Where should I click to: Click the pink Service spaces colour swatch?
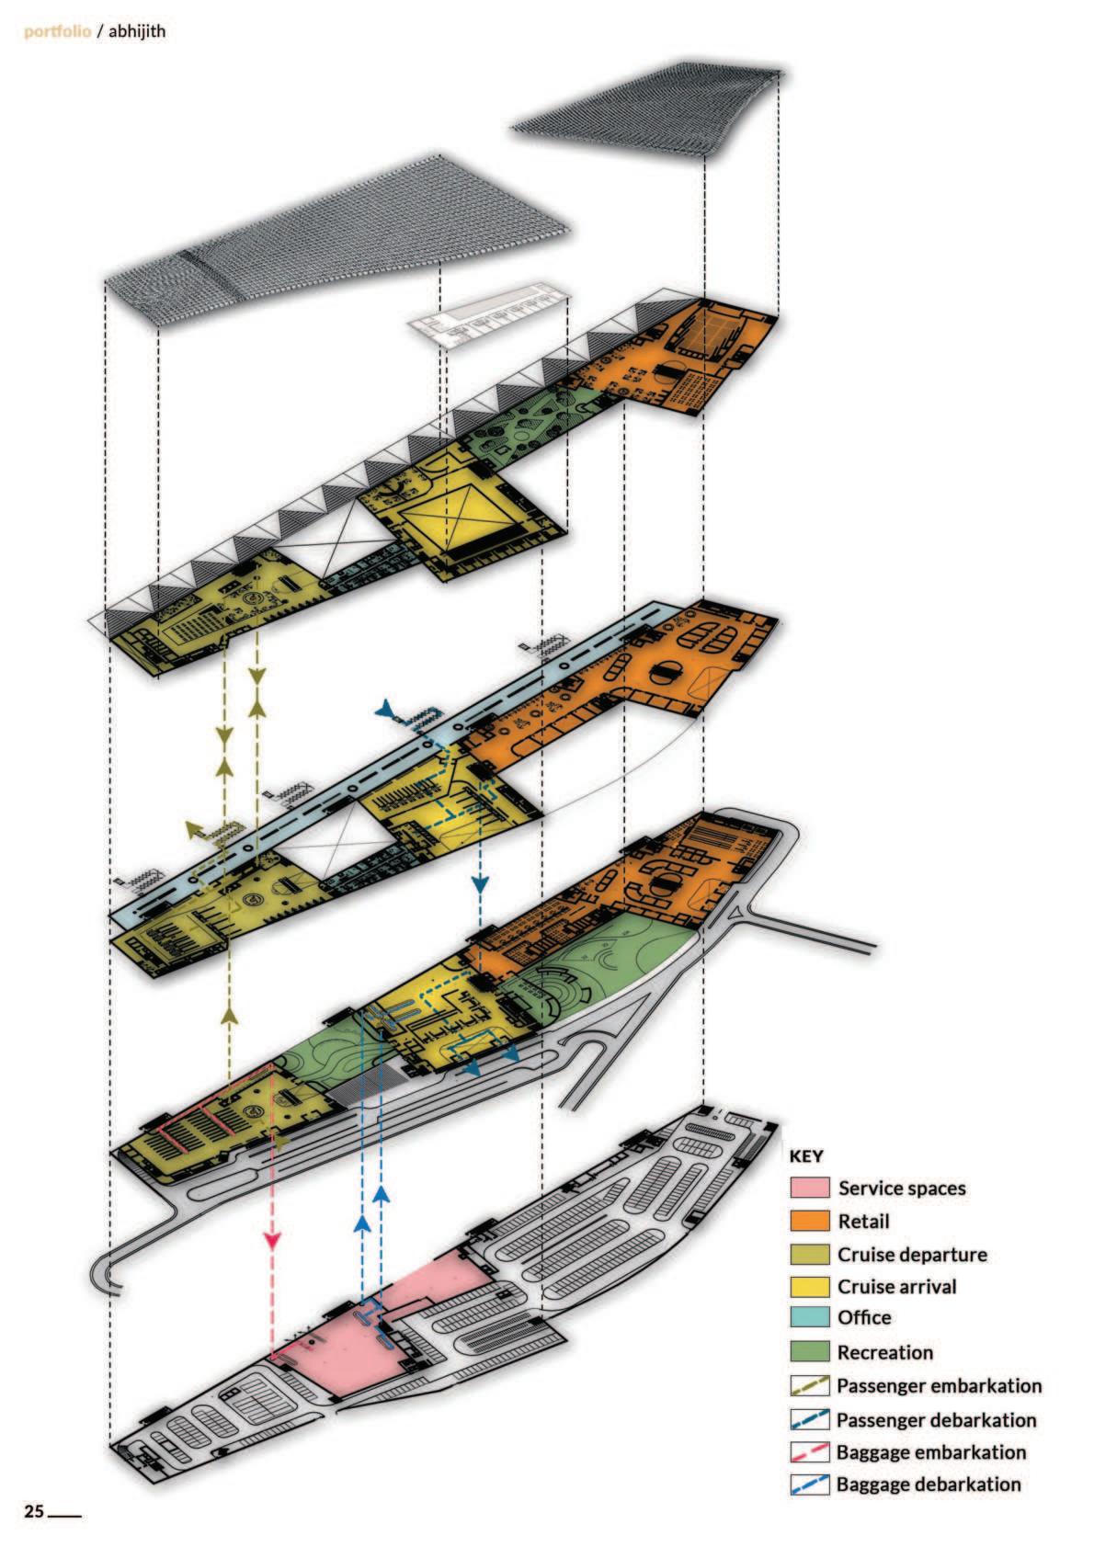click(x=809, y=1188)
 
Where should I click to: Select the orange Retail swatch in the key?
click(x=809, y=1221)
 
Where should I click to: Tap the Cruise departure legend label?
click(x=912, y=1254)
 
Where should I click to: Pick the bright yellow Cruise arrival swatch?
click(x=809, y=1286)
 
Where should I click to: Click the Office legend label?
click(x=864, y=1317)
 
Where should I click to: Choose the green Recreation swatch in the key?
click(x=809, y=1352)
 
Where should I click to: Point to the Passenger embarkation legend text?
click(x=939, y=1385)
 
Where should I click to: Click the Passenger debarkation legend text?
click(x=936, y=1420)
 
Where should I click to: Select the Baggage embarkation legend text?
click(x=930, y=1452)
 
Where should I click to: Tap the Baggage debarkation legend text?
click(x=929, y=1484)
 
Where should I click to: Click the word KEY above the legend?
click(x=806, y=1156)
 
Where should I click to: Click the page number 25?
click(x=34, y=1512)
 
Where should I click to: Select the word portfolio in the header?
click(x=57, y=31)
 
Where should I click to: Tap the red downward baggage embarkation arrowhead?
click(x=271, y=1240)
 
